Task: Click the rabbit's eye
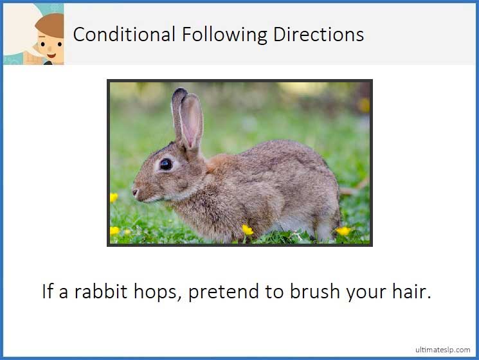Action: [166, 164]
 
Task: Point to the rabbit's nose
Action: [134, 191]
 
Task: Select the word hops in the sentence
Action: [163, 292]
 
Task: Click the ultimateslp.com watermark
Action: [442, 349]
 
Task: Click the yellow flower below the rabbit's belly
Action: [248, 230]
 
